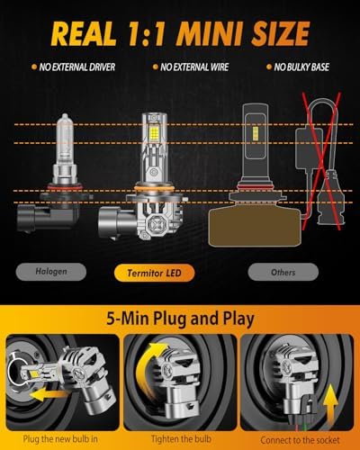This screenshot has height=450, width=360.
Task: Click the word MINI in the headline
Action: point(210,33)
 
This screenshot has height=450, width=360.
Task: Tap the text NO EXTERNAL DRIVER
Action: point(77,67)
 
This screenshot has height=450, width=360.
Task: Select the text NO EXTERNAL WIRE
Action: point(194,67)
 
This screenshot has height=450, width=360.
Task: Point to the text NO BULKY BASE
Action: point(301,67)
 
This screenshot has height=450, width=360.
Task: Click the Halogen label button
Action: point(51,272)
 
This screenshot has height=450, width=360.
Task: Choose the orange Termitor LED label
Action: point(154,273)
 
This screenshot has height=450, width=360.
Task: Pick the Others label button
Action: point(283,273)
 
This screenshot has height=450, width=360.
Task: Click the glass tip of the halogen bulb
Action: point(65,116)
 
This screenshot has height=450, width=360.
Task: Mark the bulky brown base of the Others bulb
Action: point(254,227)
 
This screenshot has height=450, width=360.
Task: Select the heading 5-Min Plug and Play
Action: point(180,319)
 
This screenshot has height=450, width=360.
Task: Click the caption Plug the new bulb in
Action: point(60,439)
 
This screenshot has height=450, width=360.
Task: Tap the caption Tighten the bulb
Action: point(181,439)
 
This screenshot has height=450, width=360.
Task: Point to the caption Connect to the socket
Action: point(300,440)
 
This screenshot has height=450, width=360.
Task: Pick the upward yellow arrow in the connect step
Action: point(330,402)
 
